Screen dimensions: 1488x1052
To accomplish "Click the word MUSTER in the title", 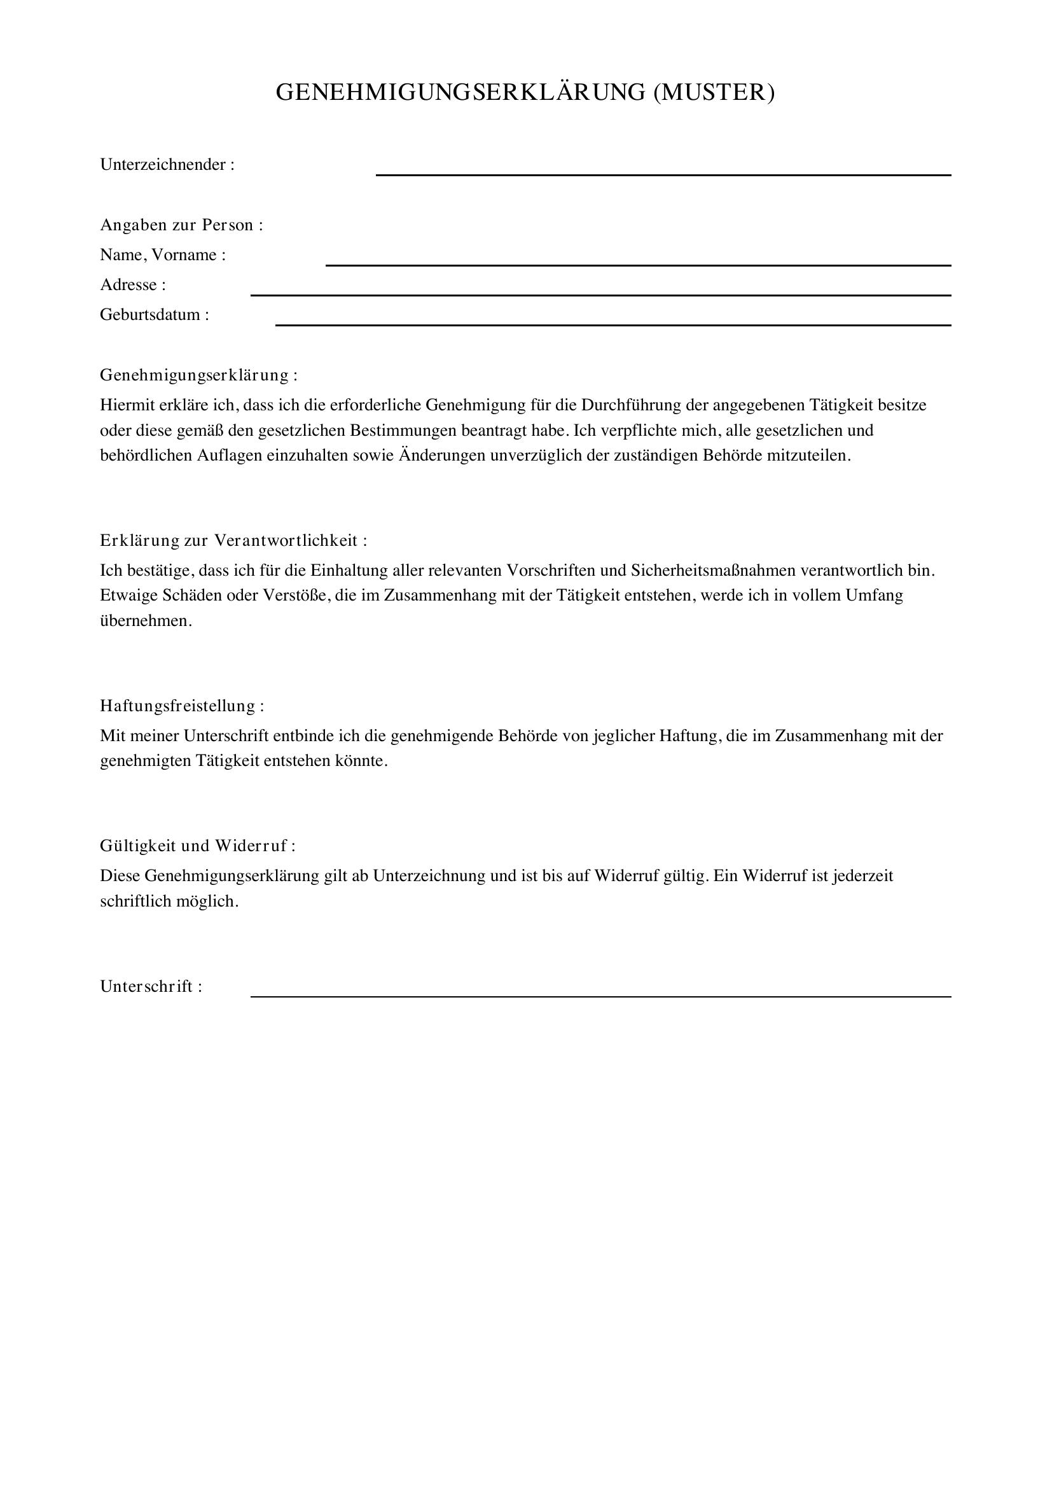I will tap(714, 93).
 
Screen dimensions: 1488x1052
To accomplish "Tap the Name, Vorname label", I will tap(163, 254).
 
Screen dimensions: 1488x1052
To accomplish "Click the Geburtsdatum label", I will tap(154, 315).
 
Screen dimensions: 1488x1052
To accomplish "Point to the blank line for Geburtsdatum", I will tap(613, 324).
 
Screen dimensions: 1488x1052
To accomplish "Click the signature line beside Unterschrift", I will tap(600, 996).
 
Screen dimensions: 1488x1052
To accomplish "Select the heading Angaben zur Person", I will tap(181, 225).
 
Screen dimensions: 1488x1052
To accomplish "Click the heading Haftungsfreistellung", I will tap(182, 706).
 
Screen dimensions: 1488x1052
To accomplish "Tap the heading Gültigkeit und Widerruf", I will tap(198, 845).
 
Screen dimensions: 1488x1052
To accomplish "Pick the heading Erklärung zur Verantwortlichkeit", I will tap(233, 541).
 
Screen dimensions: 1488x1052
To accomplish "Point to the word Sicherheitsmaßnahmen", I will tap(713, 571).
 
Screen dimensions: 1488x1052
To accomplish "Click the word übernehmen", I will tap(146, 621).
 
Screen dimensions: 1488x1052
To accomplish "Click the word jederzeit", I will tap(863, 876).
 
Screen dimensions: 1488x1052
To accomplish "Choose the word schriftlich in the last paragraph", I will tap(136, 901).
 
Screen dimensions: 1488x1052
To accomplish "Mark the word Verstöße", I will tap(294, 595).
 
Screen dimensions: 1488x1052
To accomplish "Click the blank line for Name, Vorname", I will tap(637, 265).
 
